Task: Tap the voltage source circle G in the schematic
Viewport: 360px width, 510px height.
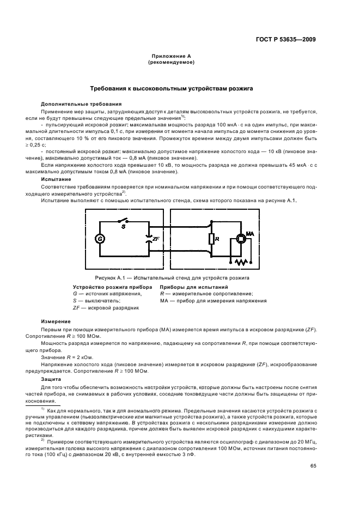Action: pos(99,239)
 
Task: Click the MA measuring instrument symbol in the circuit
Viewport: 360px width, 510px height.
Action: pos(241,238)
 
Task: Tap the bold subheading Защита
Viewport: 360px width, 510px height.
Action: pos(52,379)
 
